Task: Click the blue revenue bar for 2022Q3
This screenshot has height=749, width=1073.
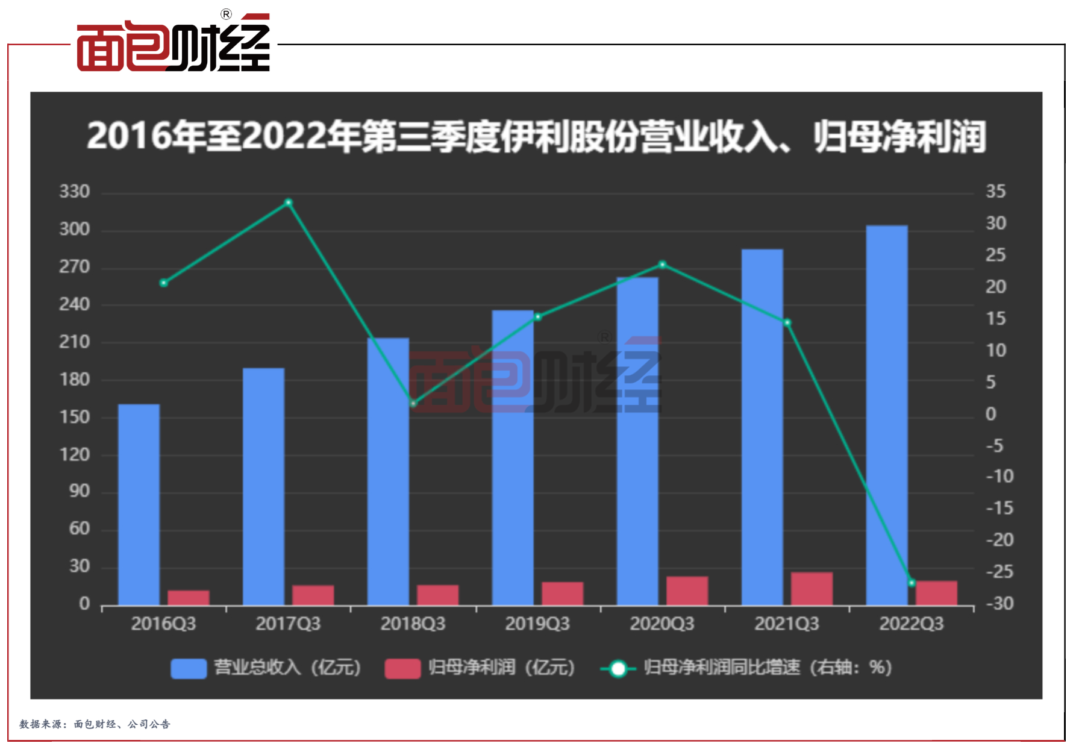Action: click(x=886, y=415)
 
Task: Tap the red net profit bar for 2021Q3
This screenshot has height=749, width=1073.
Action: click(x=812, y=589)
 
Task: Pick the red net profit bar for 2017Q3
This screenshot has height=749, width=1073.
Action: click(x=313, y=595)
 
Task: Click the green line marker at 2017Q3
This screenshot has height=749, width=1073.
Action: click(x=289, y=202)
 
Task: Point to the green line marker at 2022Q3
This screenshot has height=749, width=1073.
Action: click(x=912, y=583)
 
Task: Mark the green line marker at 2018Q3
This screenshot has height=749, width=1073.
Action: click(x=413, y=403)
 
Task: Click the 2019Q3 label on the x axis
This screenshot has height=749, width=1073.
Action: click(x=537, y=624)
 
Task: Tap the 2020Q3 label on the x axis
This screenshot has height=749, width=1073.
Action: click(x=662, y=624)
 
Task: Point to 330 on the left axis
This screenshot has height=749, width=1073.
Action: click(x=74, y=192)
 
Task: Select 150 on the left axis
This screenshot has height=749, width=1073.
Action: click(x=74, y=417)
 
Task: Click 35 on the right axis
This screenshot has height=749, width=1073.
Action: click(x=995, y=192)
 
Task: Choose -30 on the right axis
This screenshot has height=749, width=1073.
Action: click(x=999, y=603)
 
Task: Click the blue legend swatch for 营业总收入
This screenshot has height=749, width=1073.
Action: click(x=189, y=668)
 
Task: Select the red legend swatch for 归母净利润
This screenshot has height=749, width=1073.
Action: click(x=402, y=668)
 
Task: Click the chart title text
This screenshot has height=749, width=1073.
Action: click(x=536, y=137)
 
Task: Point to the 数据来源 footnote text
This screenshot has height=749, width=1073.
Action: click(x=95, y=724)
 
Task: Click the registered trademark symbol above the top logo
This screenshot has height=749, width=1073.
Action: click(x=226, y=14)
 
